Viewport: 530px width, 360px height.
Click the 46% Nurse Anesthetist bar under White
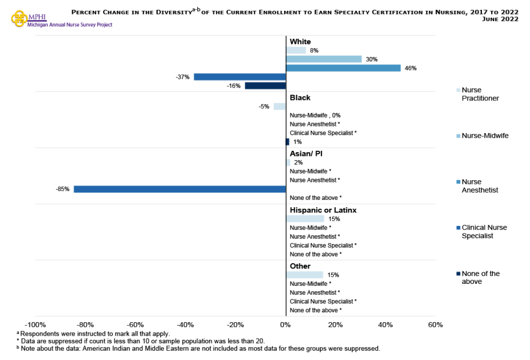(343, 68)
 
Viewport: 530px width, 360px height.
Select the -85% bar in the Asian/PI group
(180, 189)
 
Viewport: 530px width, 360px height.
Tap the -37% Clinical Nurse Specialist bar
(240, 77)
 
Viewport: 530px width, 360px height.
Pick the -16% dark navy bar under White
(265, 85)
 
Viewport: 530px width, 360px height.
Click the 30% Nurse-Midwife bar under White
(323, 59)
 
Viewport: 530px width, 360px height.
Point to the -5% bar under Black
(279, 107)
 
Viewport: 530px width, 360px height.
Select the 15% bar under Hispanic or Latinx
(305, 219)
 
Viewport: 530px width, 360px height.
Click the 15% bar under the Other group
(304, 275)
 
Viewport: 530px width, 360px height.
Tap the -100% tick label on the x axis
(35, 325)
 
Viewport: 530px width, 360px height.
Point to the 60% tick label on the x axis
(435, 325)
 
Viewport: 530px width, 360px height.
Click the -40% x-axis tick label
(185, 325)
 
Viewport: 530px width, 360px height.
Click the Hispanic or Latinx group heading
(323, 210)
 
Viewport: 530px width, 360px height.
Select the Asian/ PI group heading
(306, 154)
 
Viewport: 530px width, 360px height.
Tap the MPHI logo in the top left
(20, 18)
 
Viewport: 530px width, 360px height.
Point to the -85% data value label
(62, 189)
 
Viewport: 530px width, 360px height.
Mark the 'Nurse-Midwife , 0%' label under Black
(315, 116)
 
